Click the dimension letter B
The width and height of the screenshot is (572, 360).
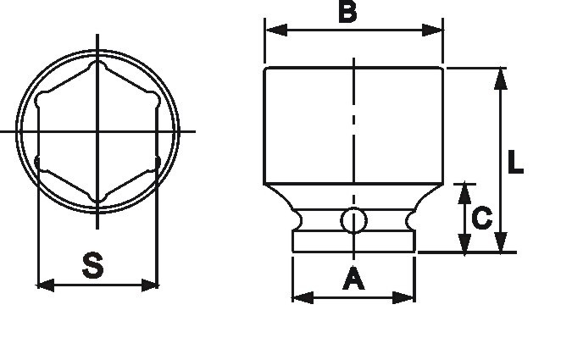(347, 12)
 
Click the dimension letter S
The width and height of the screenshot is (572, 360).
(92, 265)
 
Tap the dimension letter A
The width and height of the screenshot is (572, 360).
(353, 279)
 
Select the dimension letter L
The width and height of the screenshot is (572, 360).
(515, 162)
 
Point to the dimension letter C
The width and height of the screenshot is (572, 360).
(482, 218)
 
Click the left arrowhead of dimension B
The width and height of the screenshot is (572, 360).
(276, 30)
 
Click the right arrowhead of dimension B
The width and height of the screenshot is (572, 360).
(432, 30)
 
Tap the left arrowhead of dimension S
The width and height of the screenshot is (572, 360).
(47, 285)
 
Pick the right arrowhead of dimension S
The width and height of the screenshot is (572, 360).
(149, 285)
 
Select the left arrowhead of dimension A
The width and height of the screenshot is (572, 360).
(303, 297)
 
